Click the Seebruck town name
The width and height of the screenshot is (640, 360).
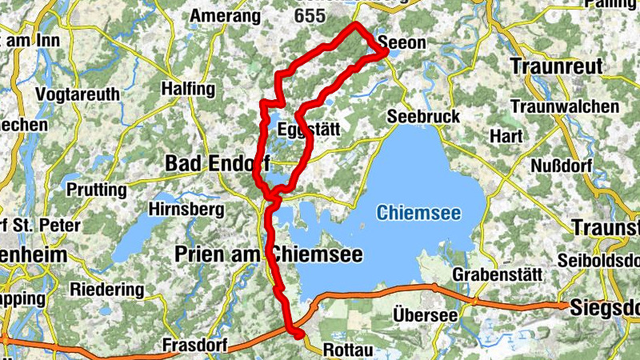(423, 117)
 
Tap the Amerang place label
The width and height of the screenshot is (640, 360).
(226, 16)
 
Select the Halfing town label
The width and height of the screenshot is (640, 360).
(189, 88)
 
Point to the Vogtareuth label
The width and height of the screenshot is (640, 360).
(78, 94)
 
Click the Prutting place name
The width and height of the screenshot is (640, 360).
(97, 190)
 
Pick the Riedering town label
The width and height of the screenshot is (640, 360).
(108, 289)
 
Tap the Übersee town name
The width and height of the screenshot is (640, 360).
(426, 315)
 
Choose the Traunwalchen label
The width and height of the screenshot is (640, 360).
(564, 106)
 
